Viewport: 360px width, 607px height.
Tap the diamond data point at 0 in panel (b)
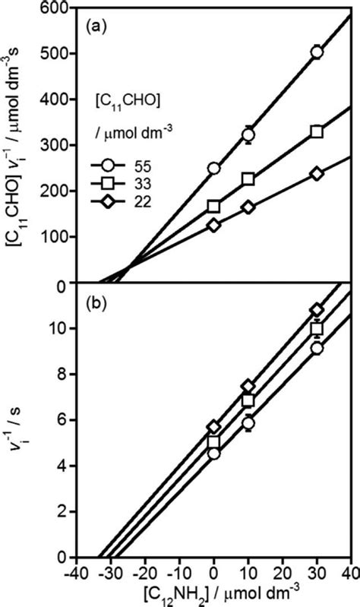(214, 427)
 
